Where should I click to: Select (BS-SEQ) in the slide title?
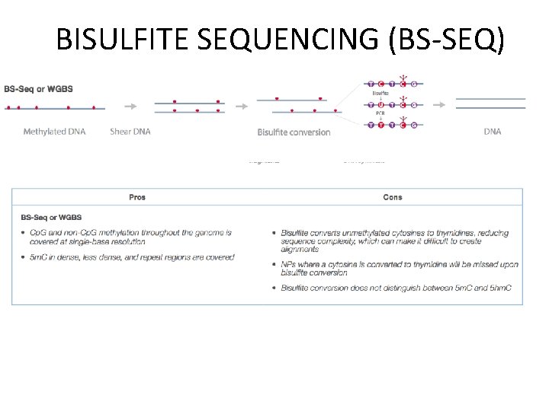(x=446, y=40)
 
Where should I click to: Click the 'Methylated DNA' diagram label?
(x=54, y=132)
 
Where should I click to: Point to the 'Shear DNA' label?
(x=130, y=132)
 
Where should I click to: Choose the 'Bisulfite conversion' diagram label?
(x=294, y=132)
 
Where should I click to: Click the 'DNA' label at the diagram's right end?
(x=493, y=132)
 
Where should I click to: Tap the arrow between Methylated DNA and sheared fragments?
(x=130, y=107)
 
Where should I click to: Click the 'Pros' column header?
(x=137, y=197)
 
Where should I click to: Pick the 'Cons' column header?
(x=393, y=197)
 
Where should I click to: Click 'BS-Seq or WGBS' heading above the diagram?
(x=38, y=89)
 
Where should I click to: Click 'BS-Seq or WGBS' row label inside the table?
(x=51, y=218)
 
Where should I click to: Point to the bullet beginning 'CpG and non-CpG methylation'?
(x=126, y=237)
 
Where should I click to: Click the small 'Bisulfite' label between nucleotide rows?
(x=380, y=94)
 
